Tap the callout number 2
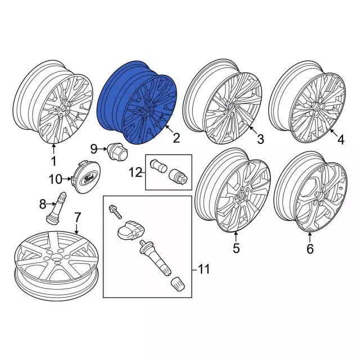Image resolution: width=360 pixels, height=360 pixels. tap(176, 138)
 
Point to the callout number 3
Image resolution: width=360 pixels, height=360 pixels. tap(260, 138)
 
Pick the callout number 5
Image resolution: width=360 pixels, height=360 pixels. tap(236, 247)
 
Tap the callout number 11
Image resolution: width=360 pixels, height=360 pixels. tap(203, 270)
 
